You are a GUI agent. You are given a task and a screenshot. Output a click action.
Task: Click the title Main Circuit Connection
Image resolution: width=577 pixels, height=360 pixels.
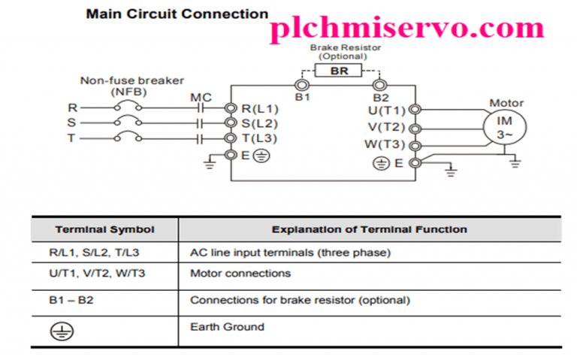click(177, 14)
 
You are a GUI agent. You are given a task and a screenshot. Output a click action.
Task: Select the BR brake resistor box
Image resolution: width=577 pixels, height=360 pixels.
click(340, 71)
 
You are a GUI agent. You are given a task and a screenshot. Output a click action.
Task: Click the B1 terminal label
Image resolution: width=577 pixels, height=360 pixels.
click(303, 98)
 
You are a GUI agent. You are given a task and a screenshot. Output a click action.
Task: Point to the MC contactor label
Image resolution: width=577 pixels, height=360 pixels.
click(201, 97)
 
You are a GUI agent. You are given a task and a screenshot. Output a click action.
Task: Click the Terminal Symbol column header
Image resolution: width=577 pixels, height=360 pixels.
click(104, 229)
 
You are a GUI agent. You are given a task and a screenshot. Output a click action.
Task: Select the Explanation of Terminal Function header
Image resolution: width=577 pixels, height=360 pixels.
click(369, 229)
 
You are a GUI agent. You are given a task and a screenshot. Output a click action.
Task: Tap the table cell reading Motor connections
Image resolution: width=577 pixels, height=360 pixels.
click(240, 274)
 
